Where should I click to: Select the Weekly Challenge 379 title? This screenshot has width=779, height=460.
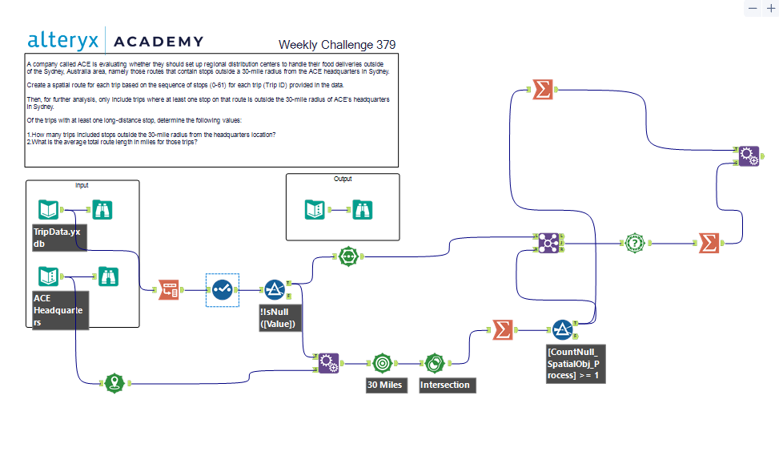(336, 45)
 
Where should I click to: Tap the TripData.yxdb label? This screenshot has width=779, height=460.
(59, 237)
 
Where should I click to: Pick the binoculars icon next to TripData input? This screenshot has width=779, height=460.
(102, 210)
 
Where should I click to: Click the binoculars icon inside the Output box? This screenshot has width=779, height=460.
(363, 210)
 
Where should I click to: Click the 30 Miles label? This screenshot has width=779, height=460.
(385, 385)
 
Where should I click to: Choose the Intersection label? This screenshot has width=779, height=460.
(446, 385)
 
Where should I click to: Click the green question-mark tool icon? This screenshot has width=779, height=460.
(634, 243)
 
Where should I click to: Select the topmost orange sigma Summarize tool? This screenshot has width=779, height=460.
(543, 91)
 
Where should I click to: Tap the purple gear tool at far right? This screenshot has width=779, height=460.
(748, 155)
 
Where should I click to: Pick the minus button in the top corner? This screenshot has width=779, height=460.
(753, 8)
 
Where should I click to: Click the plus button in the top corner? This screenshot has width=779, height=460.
(770, 8)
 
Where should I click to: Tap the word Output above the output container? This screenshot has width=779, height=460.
(343, 180)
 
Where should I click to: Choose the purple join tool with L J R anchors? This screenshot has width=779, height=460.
(548, 243)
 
